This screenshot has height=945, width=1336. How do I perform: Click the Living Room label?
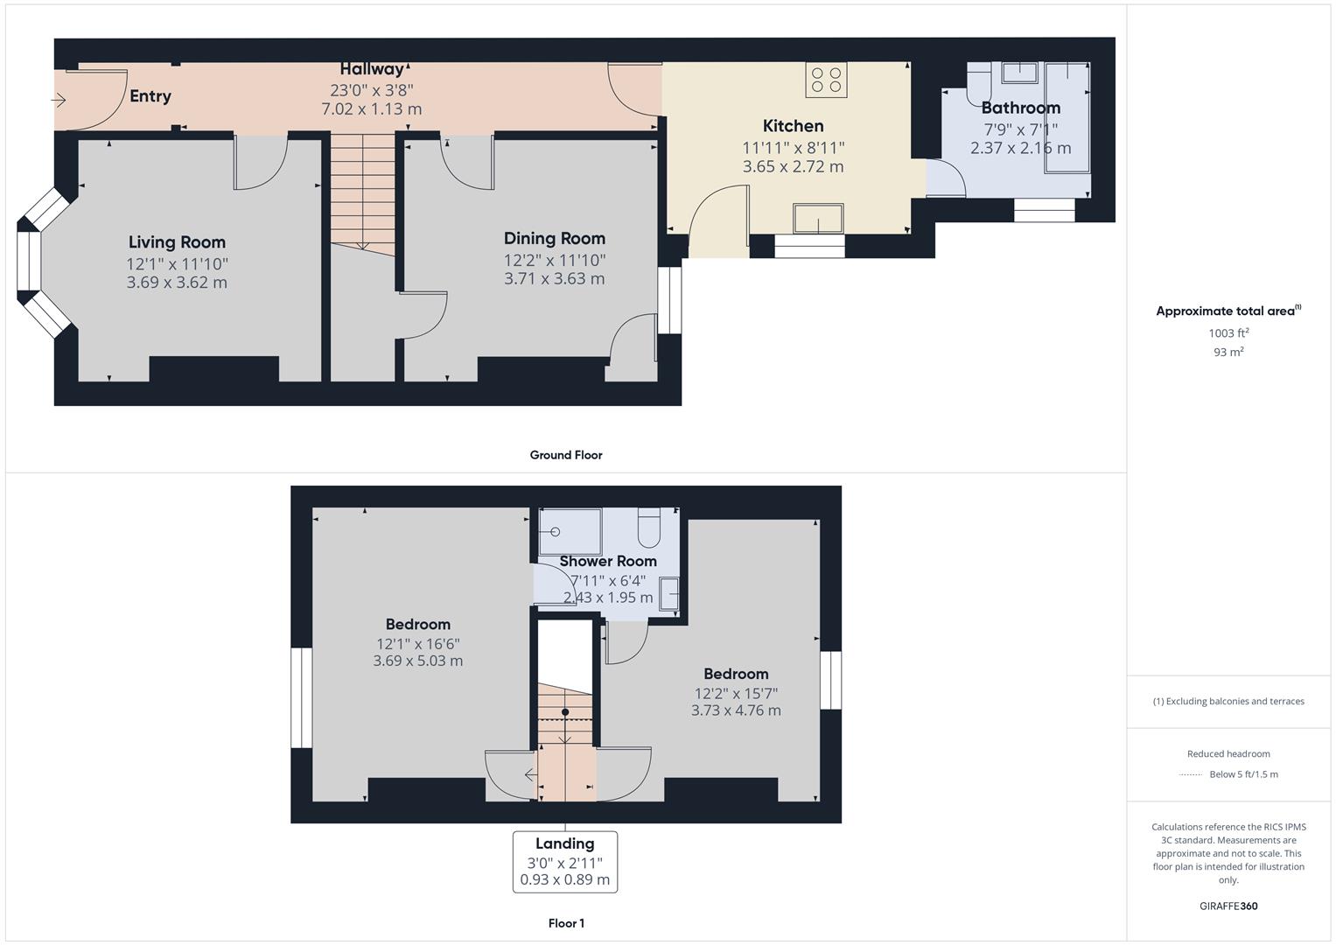pos(177,242)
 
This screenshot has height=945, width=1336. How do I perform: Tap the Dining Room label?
pos(555,239)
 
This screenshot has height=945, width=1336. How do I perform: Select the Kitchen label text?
pos(794,126)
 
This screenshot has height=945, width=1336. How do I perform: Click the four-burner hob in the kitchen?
pos(826,80)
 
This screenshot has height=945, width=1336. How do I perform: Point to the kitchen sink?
pos(818,219)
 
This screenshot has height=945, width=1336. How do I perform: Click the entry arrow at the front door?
pos(59,100)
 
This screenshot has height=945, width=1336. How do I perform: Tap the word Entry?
pos(150,96)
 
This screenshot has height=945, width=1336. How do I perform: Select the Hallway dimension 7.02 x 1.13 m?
pos(372,109)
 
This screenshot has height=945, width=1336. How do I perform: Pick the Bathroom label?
pos(1020,108)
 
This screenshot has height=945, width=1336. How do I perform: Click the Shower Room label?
pos(608,562)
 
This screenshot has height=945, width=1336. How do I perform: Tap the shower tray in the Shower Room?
pos(570,532)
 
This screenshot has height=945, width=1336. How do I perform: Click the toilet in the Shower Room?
pos(649,528)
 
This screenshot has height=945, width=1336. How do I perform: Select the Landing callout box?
pos(565,862)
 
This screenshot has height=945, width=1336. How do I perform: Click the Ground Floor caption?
pos(566,455)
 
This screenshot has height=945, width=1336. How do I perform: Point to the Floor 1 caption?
pos(566,923)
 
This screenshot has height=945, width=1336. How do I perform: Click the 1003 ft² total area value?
pos(1228,332)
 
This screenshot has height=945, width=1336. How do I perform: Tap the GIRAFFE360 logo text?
pos(1228,906)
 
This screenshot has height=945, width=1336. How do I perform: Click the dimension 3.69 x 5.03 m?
pos(418,661)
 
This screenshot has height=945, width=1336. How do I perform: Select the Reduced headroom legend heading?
pos(1228,754)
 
